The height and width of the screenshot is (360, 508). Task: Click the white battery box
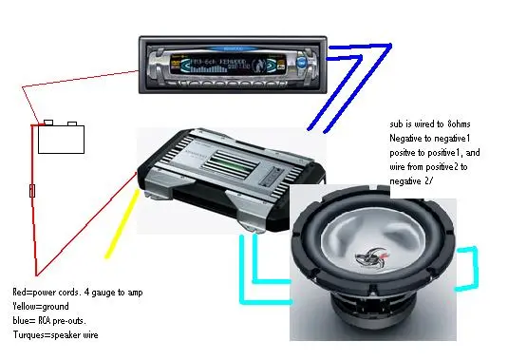coord(61,140)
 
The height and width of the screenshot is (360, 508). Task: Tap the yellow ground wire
coord(122,224)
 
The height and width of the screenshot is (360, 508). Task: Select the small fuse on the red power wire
coord(32,191)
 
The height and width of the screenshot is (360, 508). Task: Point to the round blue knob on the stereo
coord(301,62)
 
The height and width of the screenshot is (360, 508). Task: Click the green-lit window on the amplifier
coord(231,164)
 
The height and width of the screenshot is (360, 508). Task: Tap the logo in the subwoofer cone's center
coord(371,257)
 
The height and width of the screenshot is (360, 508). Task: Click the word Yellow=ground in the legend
coord(41,306)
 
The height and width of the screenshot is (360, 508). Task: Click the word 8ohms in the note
coord(459,124)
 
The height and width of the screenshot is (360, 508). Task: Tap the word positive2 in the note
coord(442,167)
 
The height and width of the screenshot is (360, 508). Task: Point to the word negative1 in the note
coord(452,139)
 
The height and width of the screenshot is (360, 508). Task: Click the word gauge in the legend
coord(103,293)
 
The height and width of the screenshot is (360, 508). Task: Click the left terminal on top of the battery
coord(48,123)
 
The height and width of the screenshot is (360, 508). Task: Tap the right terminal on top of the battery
coord(72,123)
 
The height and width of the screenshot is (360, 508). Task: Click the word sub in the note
coord(395,124)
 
